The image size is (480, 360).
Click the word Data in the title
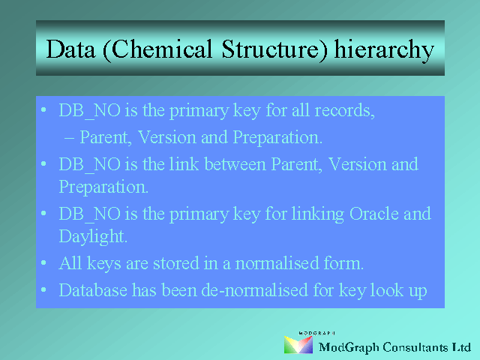point(70,49)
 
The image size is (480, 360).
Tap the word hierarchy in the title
point(384,51)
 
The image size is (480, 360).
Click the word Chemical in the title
point(157,49)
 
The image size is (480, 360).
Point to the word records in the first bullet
point(345,110)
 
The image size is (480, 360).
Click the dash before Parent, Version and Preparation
point(69,138)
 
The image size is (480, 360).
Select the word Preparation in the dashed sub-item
point(277,137)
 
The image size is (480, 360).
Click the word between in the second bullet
point(235,164)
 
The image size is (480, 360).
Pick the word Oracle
point(374,213)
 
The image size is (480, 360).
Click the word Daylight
point(93,237)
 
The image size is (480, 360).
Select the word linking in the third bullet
point(318,214)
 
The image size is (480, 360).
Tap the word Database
point(93,290)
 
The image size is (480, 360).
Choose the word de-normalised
point(255,290)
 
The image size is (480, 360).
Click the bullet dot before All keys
point(43,262)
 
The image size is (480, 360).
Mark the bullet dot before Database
point(43,289)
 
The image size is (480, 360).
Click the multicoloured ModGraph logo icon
point(298,345)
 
